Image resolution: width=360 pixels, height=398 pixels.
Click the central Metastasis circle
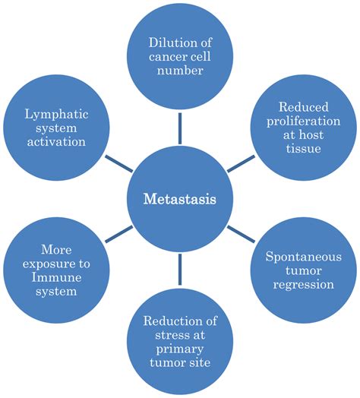(x=180, y=200)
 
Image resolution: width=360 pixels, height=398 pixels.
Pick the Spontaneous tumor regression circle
(x=302, y=271)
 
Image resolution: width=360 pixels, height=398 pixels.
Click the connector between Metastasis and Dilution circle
(x=180, y=128)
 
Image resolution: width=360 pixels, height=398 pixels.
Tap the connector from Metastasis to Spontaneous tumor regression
(x=240, y=235)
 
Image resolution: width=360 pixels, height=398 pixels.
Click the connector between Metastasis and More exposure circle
(x=120, y=235)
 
